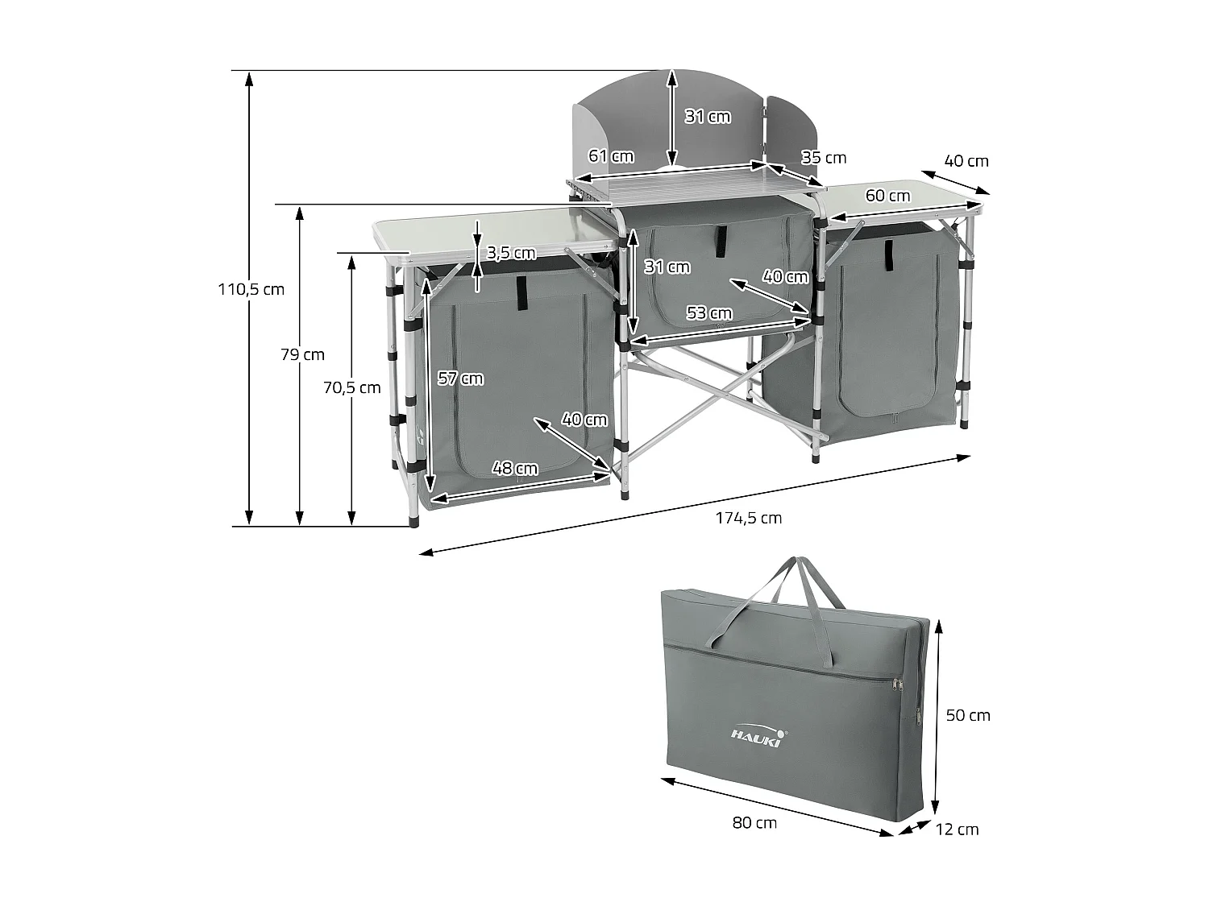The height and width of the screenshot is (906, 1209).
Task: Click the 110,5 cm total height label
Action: tap(251, 289)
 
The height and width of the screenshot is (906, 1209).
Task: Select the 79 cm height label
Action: tap(302, 354)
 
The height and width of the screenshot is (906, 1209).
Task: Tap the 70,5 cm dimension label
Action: tap(351, 387)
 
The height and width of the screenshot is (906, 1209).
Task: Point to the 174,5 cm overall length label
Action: tap(748, 518)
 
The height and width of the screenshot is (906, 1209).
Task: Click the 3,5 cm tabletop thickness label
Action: tap(511, 253)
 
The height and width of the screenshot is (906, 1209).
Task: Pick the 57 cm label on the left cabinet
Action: tap(460, 379)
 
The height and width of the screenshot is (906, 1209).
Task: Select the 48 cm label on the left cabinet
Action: tap(515, 468)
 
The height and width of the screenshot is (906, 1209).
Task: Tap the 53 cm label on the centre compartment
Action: tap(709, 312)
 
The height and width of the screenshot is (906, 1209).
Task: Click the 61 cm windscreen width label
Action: tap(611, 156)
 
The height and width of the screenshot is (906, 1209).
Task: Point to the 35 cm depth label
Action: tap(824, 157)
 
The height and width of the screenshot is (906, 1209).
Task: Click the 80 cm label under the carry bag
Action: tap(754, 822)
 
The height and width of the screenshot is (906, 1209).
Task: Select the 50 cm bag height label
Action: tap(967, 715)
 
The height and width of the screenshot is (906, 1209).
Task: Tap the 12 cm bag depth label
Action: tap(957, 829)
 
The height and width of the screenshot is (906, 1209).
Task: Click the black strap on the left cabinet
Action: tap(521, 292)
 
